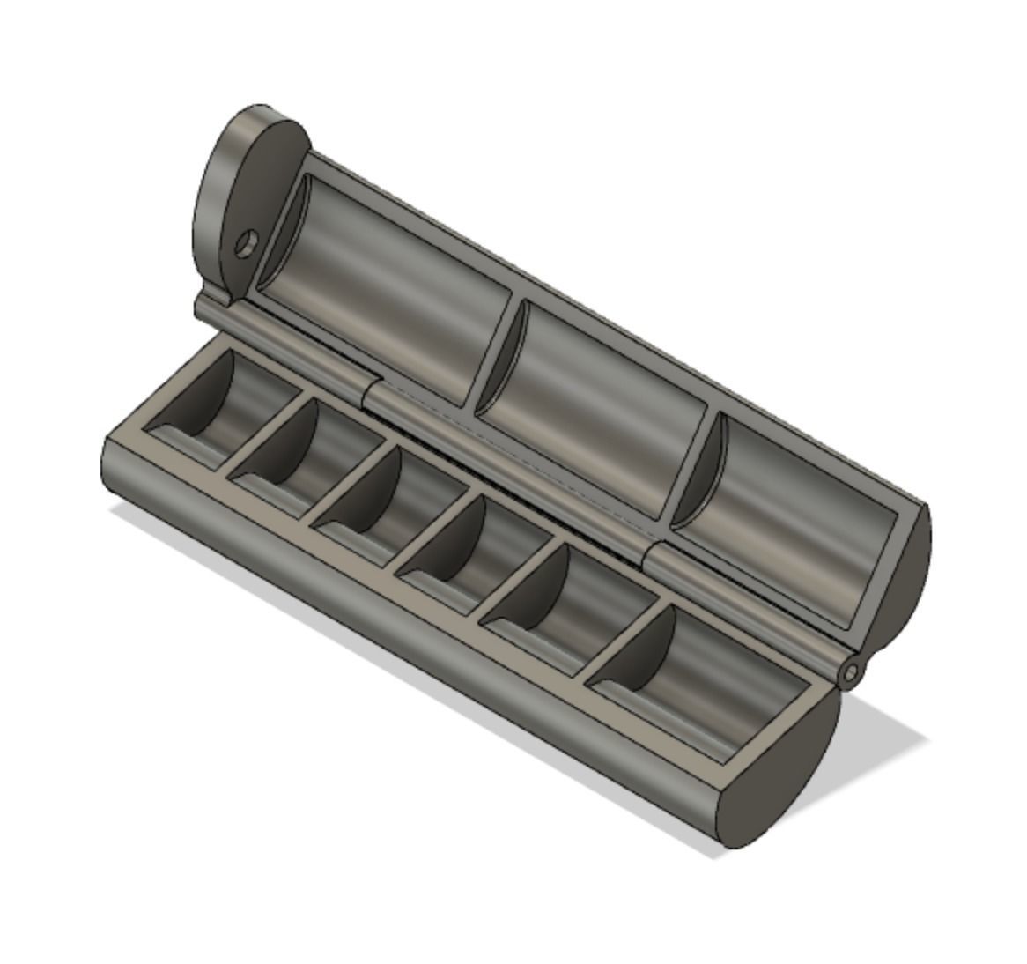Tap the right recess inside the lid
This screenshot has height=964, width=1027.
[x=793, y=520]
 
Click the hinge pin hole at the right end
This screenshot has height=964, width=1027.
[x=850, y=675]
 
